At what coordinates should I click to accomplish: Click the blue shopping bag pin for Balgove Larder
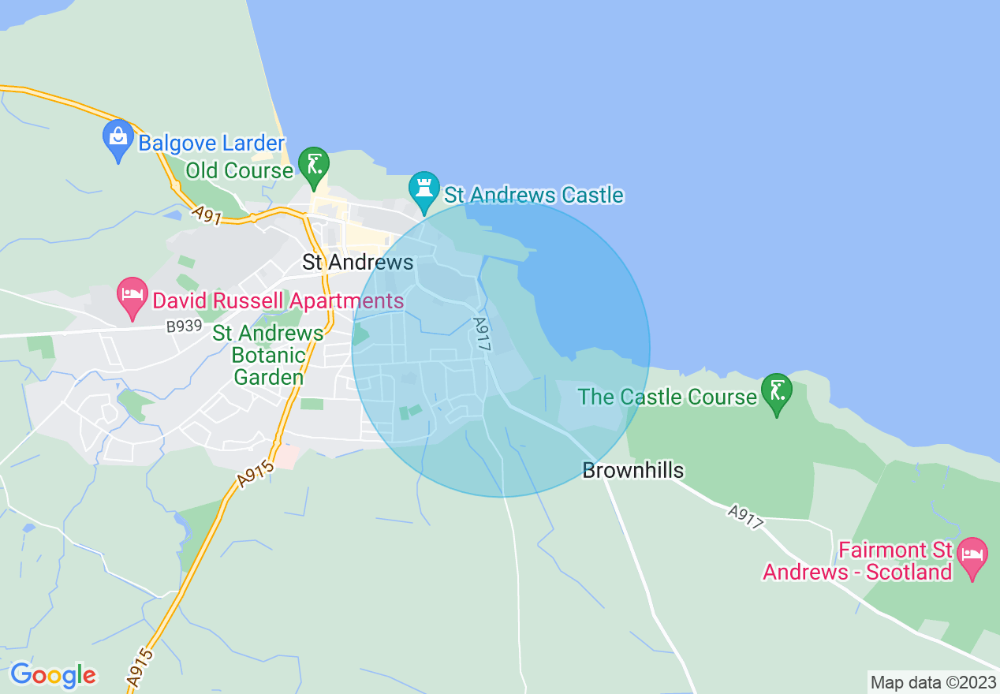coord(118,140)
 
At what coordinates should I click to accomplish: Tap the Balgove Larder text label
coord(211,144)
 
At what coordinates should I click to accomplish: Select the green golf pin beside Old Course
coord(314,166)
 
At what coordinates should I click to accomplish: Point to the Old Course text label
coord(239,170)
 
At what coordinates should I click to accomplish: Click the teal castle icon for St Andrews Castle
coord(424,191)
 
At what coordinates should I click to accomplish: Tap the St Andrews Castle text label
coord(534,195)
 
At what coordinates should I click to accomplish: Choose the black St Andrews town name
coord(358,263)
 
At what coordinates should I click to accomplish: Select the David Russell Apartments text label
coord(278,300)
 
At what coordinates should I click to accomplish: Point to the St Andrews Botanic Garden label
coord(268,355)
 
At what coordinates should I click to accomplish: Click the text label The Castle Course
coord(667,396)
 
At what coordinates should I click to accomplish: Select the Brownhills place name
coord(632,471)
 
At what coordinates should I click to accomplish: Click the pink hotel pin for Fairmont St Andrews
coord(972,557)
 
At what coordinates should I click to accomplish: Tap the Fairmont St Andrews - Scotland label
coord(857,560)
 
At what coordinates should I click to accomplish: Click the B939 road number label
coord(184,326)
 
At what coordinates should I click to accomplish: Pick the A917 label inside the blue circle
coord(483,334)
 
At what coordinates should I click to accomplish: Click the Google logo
coord(53,675)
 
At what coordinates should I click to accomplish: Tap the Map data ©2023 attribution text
coord(932,681)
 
